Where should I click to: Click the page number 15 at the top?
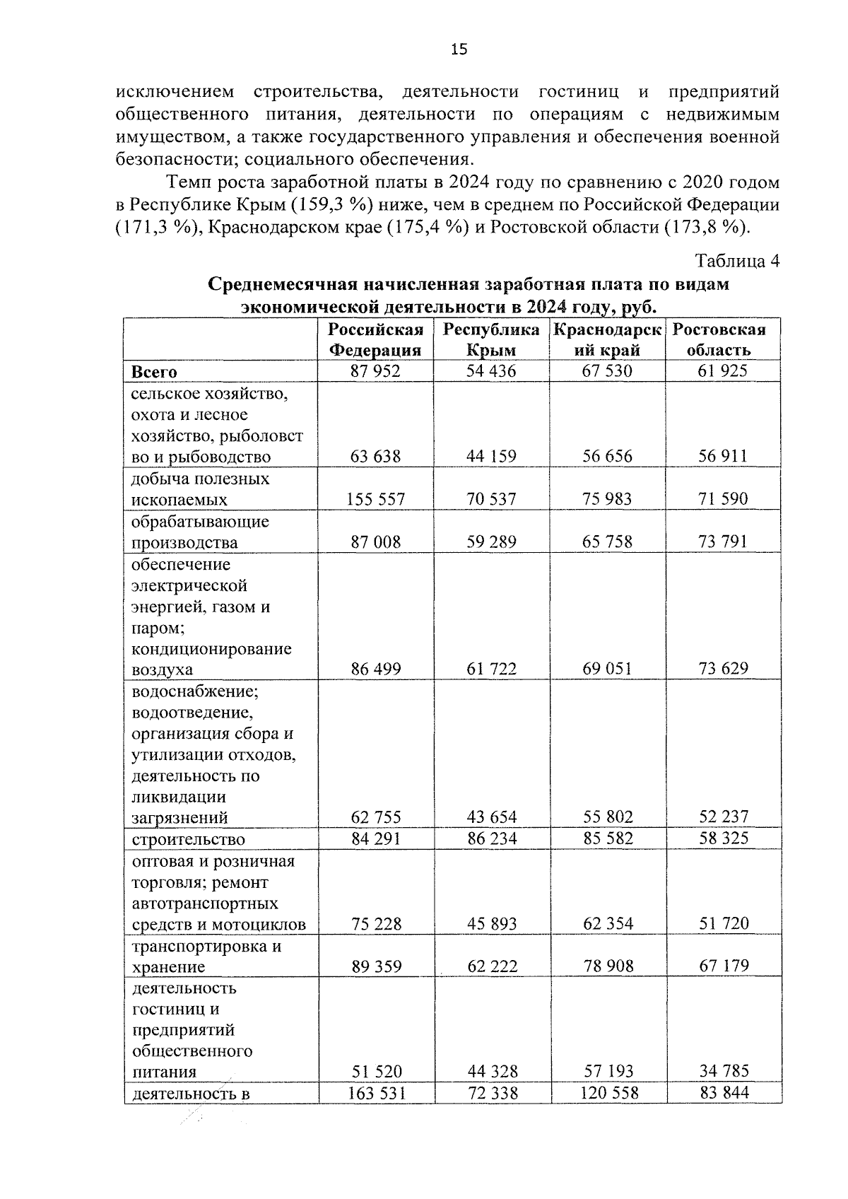[459, 49]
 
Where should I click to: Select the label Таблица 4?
[737, 261]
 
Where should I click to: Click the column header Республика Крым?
[491, 339]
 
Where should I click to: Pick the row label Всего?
[153, 371]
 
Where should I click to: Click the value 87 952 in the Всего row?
[375, 370]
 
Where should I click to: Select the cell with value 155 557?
[375, 499]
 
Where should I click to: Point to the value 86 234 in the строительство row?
[491, 838]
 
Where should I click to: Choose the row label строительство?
[188, 839]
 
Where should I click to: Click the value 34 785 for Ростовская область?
[723, 1071]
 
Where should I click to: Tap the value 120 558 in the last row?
[607, 1093]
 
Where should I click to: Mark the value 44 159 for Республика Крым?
[491, 456]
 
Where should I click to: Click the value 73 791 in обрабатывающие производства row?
[723, 542]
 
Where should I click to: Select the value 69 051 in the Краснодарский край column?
[607, 668]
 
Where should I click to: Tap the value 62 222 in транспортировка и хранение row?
[491, 966]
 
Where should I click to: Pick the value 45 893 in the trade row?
[491, 923]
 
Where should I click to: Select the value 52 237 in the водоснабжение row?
[723, 817]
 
